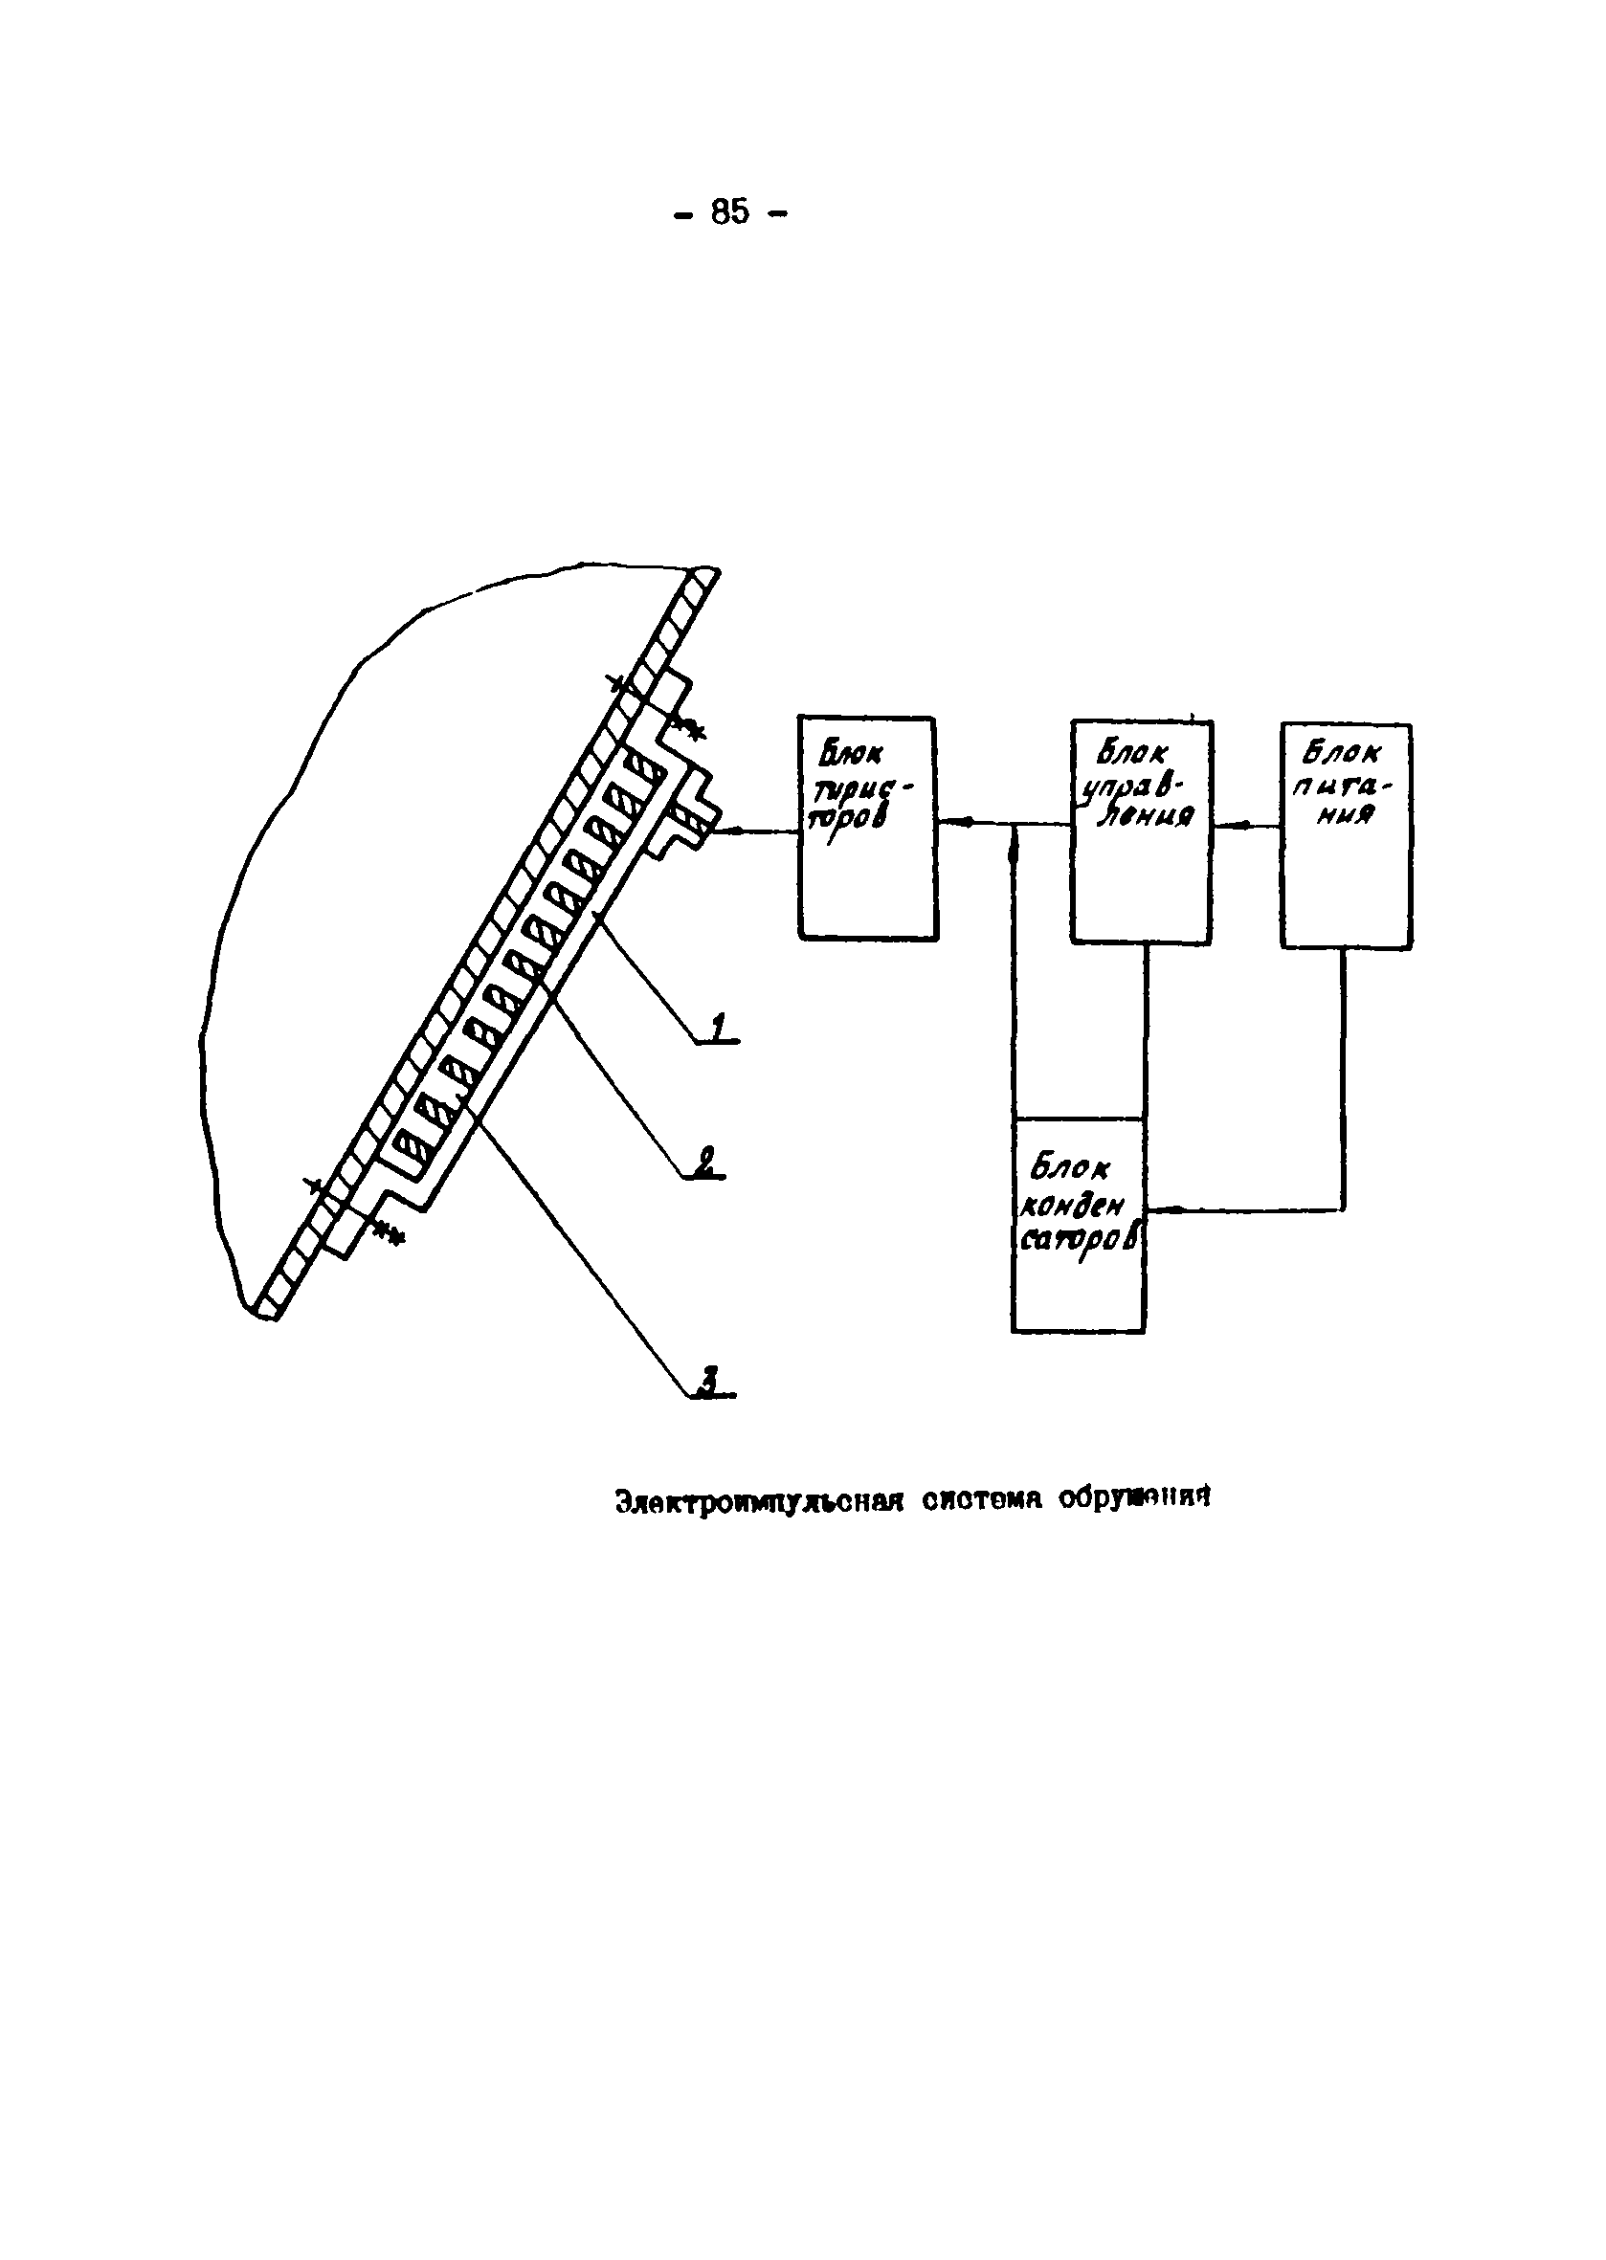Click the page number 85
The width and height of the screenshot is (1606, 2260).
[x=730, y=211]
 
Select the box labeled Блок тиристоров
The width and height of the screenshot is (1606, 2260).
[x=867, y=828]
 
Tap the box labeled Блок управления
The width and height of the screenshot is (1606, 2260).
[x=1141, y=831]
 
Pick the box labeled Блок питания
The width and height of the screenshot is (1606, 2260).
[x=1346, y=835]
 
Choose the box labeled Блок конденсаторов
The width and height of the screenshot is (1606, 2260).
[x=1078, y=1225]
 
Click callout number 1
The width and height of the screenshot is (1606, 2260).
[x=720, y=1029]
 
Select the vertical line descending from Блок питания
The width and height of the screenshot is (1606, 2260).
[x=1344, y=1077]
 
